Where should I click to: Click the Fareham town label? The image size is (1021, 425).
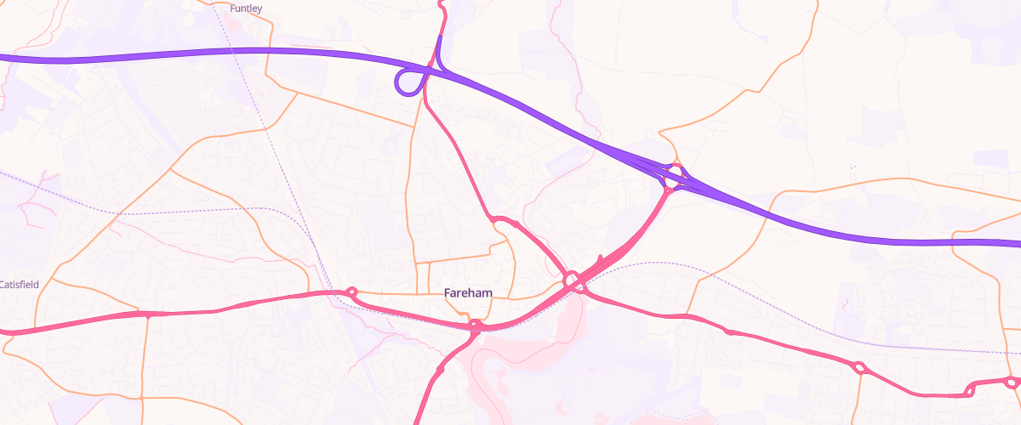pos(468,292)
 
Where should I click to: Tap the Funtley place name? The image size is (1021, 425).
pos(247,8)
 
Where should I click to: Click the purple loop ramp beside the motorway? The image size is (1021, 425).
pos(409,82)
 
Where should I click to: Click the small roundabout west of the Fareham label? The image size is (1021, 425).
pos(351,292)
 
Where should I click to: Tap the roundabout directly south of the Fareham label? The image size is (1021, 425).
pos(475,326)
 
